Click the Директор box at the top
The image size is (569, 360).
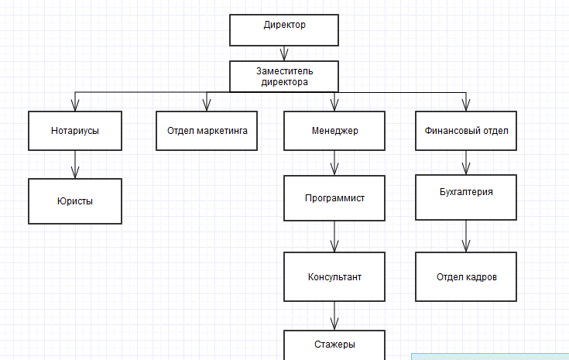pyautogui.click(x=284, y=29)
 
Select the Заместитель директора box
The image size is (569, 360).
pyautogui.click(x=284, y=76)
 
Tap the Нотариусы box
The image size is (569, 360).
pyautogui.click(x=75, y=131)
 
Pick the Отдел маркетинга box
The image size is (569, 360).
pyautogui.click(x=207, y=131)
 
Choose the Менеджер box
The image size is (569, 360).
pyautogui.click(x=334, y=131)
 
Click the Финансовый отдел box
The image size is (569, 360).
pyautogui.click(x=466, y=131)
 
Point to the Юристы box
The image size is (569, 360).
pyautogui.click(x=75, y=201)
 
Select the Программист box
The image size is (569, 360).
pyautogui.click(x=334, y=198)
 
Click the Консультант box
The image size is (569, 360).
pyautogui.click(x=334, y=276)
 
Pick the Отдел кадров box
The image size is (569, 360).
pyautogui.click(x=466, y=276)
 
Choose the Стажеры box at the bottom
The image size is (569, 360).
pyautogui.click(x=334, y=345)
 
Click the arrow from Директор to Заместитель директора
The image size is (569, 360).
pyautogui.click(x=284, y=53)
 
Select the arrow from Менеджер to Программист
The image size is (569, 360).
pyautogui.click(x=334, y=163)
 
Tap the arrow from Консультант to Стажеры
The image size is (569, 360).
pyautogui.click(x=334, y=315)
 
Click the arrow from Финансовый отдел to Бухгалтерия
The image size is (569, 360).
pyautogui.click(x=466, y=163)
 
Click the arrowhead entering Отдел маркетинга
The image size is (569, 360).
pyautogui.click(x=207, y=105)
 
